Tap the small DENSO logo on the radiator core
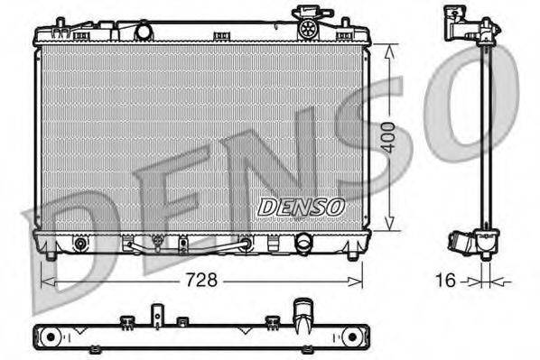(x=302, y=207)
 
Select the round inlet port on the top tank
(x=143, y=32)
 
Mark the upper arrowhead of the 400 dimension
(x=387, y=51)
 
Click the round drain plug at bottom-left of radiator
(x=80, y=244)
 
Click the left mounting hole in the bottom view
(x=51, y=337)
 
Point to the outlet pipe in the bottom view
(x=301, y=318)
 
